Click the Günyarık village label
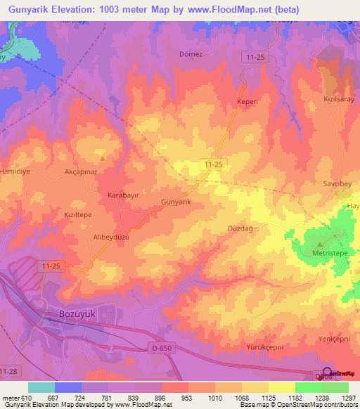click(x=176, y=202)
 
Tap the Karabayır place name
click(x=124, y=194)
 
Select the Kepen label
click(x=246, y=102)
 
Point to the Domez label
click(x=191, y=54)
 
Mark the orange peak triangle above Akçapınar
click(x=103, y=159)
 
